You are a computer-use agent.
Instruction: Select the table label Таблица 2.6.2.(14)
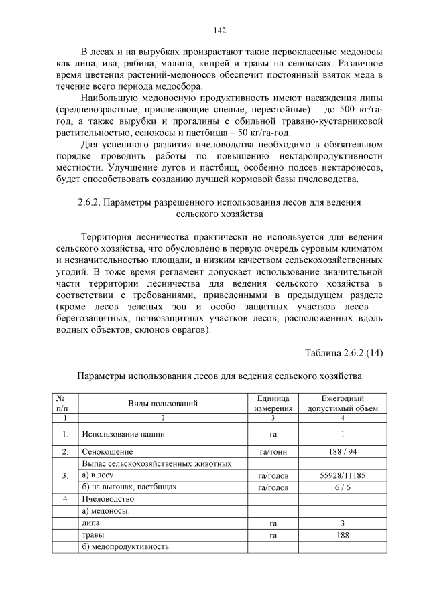tap(343, 352)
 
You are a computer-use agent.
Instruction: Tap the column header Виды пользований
tap(163, 403)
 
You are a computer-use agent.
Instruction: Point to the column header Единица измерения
tap(273, 403)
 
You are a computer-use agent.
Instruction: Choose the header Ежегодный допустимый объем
tap(343, 403)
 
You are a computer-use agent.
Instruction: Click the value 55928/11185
tap(343, 475)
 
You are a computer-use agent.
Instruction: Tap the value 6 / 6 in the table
tap(343, 487)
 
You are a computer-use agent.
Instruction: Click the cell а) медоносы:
tap(105, 511)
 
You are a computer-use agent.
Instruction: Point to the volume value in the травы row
tap(343, 535)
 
